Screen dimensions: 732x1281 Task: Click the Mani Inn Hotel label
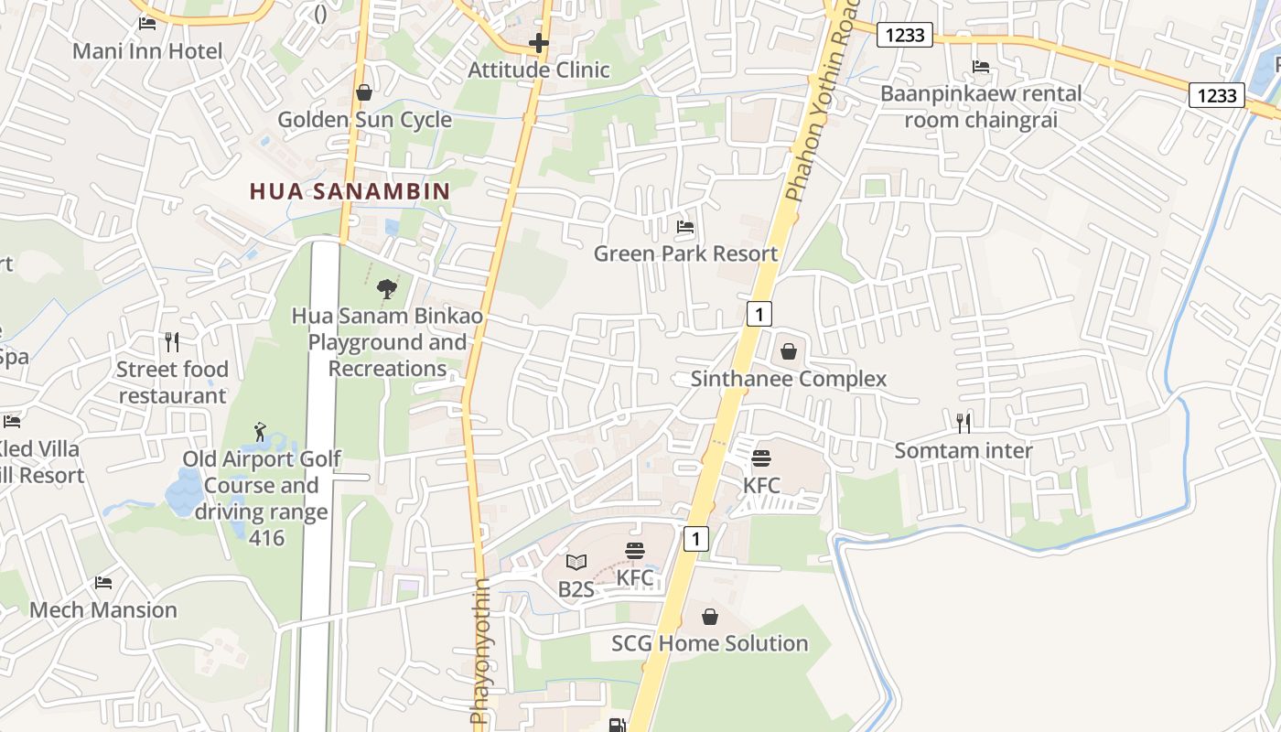pyautogui.click(x=147, y=50)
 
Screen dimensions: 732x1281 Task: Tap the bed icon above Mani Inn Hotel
pyautogui.click(x=147, y=23)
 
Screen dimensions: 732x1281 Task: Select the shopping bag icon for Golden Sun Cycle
pyautogui.click(x=364, y=92)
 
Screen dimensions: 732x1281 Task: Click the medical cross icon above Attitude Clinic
pyautogui.click(x=539, y=42)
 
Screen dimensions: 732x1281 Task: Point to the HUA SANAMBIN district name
pyautogui.click(x=350, y=191)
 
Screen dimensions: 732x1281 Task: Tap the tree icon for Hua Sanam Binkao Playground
pyautogui.click(x=387, y=289)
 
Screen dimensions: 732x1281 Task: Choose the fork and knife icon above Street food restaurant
pyautogui.click(x=172, y=342)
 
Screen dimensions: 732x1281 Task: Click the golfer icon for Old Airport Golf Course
pyautogui.click(x=261, y=432)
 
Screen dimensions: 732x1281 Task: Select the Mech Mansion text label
pyautogui.click(x=103, y=609)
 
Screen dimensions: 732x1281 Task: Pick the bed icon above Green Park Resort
pyautogui.click(x=685, y=227)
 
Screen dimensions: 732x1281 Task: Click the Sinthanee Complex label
pyautogui.click(x=789, y=379)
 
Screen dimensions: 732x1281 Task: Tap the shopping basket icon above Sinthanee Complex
pyautogui.click(x=789, y=351)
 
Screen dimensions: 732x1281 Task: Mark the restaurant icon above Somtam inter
pyautogui.click(x=963, y=423)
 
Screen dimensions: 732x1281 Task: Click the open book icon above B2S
pyautogui.click(x=576, y=562)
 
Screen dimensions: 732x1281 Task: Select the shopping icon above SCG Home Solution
pyautogui.click(x=710, y=617)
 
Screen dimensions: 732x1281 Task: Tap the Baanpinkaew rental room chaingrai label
pyautogui.click(x=981, y=106)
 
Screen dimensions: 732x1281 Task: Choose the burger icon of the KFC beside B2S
pyautogui.click(x=635, y=551)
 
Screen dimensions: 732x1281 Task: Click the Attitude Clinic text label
pyautogui.click(x=539, y=70)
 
